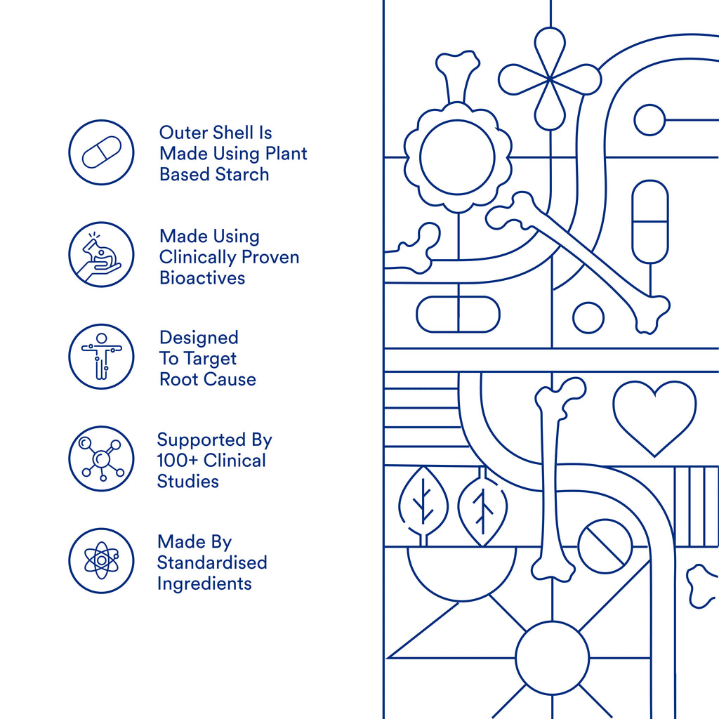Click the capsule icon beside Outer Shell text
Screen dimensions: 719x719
tap(101, 152)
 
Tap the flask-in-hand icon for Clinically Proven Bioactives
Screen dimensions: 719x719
tap(101, 254)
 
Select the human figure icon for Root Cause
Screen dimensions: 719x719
tap(101, 357)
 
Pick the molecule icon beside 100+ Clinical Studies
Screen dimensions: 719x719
tap(101, 459)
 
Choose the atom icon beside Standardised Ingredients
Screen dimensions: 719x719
tap(101, 560)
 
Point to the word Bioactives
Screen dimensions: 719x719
tap(202, 278)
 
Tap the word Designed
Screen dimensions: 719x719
tap(199, 338)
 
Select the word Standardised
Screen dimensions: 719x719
tap(212, 562)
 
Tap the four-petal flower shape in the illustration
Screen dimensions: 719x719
tap(550, 79)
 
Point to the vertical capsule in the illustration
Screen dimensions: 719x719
tap(650, 222)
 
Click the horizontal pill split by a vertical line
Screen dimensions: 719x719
tap(458, 314)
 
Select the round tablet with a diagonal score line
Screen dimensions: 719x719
tap(605, 546)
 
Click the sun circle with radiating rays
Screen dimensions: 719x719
tap(552, 658)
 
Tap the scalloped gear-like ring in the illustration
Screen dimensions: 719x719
tap(458, 157)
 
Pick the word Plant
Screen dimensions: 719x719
tap(286, 154)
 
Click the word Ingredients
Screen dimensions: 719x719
tap(204, 583)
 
